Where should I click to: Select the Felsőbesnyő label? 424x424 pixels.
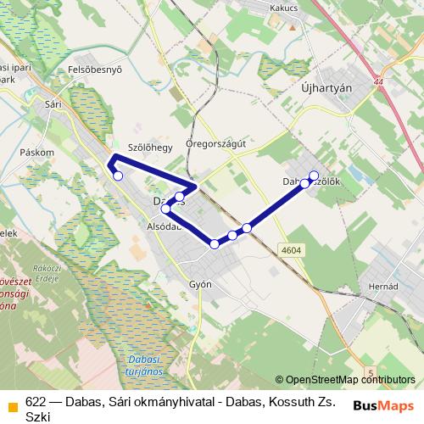click(96, 70)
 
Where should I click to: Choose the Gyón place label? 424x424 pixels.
click(201, 285)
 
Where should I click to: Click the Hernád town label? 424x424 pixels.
click(383, 287)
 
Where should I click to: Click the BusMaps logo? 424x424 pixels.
click(384, 404)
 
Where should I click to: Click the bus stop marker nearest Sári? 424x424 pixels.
click(118, 176)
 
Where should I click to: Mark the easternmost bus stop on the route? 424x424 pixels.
click(314, 176)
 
